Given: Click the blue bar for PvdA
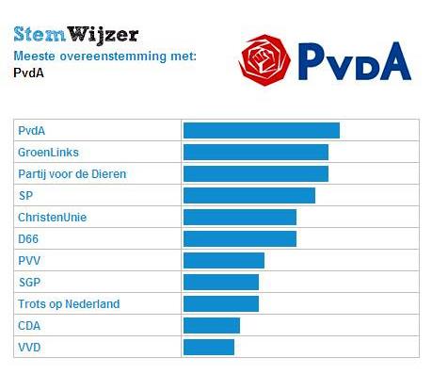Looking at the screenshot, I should [261, 130].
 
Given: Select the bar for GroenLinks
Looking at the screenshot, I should [255, 152].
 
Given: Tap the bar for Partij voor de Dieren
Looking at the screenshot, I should [255, 173].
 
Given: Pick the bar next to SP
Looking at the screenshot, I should [248, 195].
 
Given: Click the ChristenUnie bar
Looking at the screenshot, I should [239, 217].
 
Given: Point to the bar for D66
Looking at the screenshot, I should [239, 238].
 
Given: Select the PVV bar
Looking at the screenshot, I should [223, 260].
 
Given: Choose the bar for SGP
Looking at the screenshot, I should [220, 282].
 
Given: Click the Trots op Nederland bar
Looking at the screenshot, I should [220, 303].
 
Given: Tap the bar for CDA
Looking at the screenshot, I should [211, 325].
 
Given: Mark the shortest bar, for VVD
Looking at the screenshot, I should [208, 347].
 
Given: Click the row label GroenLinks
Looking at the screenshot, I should [48, 152].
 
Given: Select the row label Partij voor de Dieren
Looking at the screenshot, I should [72, 173].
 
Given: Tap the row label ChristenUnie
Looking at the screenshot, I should [52, 217].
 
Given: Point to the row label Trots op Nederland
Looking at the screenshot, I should [69, 303].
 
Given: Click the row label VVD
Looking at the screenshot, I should [29, 347].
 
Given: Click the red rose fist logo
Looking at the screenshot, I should [266, 58].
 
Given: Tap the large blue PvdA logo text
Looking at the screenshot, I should [355, 60].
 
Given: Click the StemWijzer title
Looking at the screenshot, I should [76, 35].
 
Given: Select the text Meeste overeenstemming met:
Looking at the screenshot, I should [104, 57].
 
